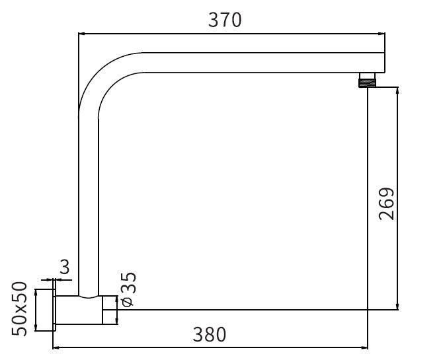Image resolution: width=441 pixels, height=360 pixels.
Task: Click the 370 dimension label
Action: pos(225,20)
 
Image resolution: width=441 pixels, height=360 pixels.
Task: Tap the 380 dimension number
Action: pos(210,334)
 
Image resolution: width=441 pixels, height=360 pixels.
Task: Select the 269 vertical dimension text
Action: pos(387,203)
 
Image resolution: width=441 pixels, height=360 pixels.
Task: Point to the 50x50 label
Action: pos(19,309)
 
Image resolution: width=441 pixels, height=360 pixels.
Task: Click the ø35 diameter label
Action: pos(128,289)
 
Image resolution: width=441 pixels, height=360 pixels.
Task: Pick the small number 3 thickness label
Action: pos(65,267)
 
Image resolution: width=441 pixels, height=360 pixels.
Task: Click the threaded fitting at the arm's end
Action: pos(368,81)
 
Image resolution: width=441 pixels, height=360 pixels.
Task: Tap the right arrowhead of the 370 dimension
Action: pos(381,34)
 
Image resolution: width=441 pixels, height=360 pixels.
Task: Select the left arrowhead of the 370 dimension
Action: pos(82,34)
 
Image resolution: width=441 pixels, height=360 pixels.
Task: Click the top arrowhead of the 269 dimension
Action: pos(397,90)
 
